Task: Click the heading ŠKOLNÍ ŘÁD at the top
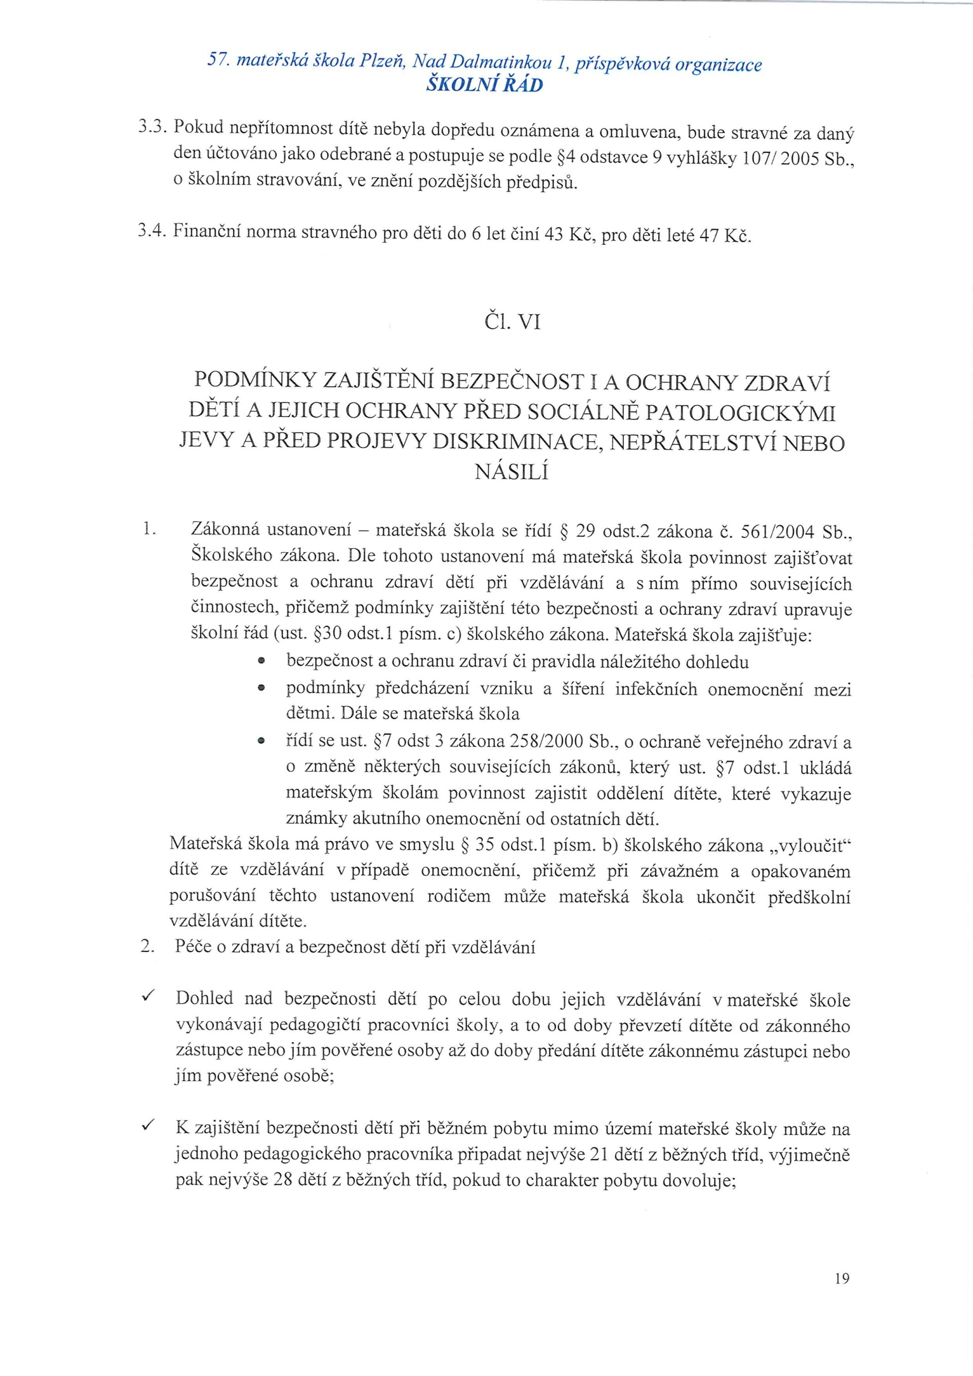tap(484, 85)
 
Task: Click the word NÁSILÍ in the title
tap(511, 473)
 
